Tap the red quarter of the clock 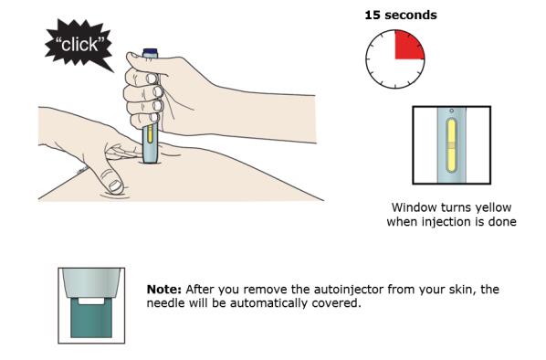[x=407, y=46]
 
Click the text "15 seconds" [x=400, y=15]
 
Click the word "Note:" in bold [x=165, y=290]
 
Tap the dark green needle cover [x=91, y=321]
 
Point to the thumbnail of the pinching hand [x=114, y=185]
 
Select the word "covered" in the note [x=337, y=304]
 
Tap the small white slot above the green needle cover [x=91, y=298]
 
